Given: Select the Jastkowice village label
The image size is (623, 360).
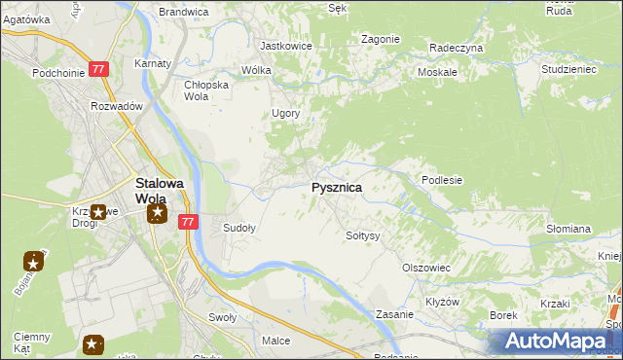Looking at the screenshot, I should [x=285, y=46].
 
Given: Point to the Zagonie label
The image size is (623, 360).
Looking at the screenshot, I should [x=380, y=39].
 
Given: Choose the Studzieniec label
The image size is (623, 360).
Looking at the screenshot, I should [x=568, y=69].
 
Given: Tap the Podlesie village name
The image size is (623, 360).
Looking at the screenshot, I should [x=441, y=180].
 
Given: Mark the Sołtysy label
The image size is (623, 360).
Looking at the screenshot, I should [x=363, y=235].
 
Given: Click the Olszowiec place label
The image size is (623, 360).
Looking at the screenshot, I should [x=425, y=267].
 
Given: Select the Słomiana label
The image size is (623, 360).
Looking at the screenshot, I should [x=568, y=229].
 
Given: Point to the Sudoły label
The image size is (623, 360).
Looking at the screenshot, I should [x=239, y=229].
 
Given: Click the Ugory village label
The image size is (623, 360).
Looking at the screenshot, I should [x=285, y=113].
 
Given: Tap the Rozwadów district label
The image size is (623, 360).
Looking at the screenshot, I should [x=117, y=106].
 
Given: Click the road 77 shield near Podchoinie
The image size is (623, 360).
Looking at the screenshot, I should [x=98, y=69].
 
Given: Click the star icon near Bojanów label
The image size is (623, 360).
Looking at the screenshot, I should [x=34, y=261].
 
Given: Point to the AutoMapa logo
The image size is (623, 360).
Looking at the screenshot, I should [x=555, y=342].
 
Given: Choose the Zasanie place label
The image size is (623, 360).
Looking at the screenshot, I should [x=395, y=315].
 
